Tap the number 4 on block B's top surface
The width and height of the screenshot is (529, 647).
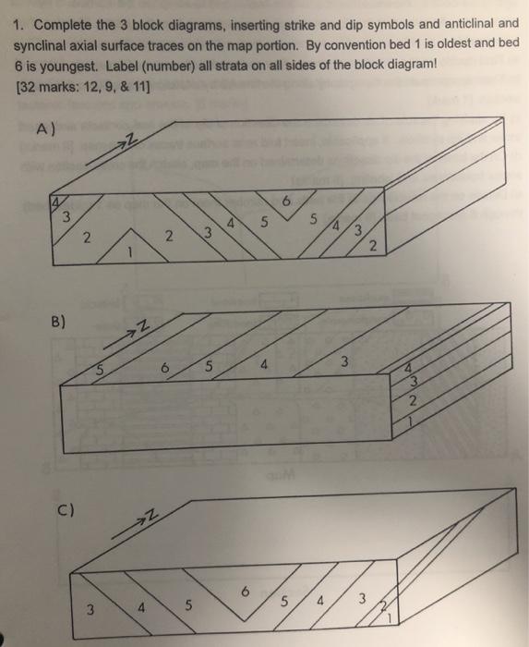click(x=263, y=365)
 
